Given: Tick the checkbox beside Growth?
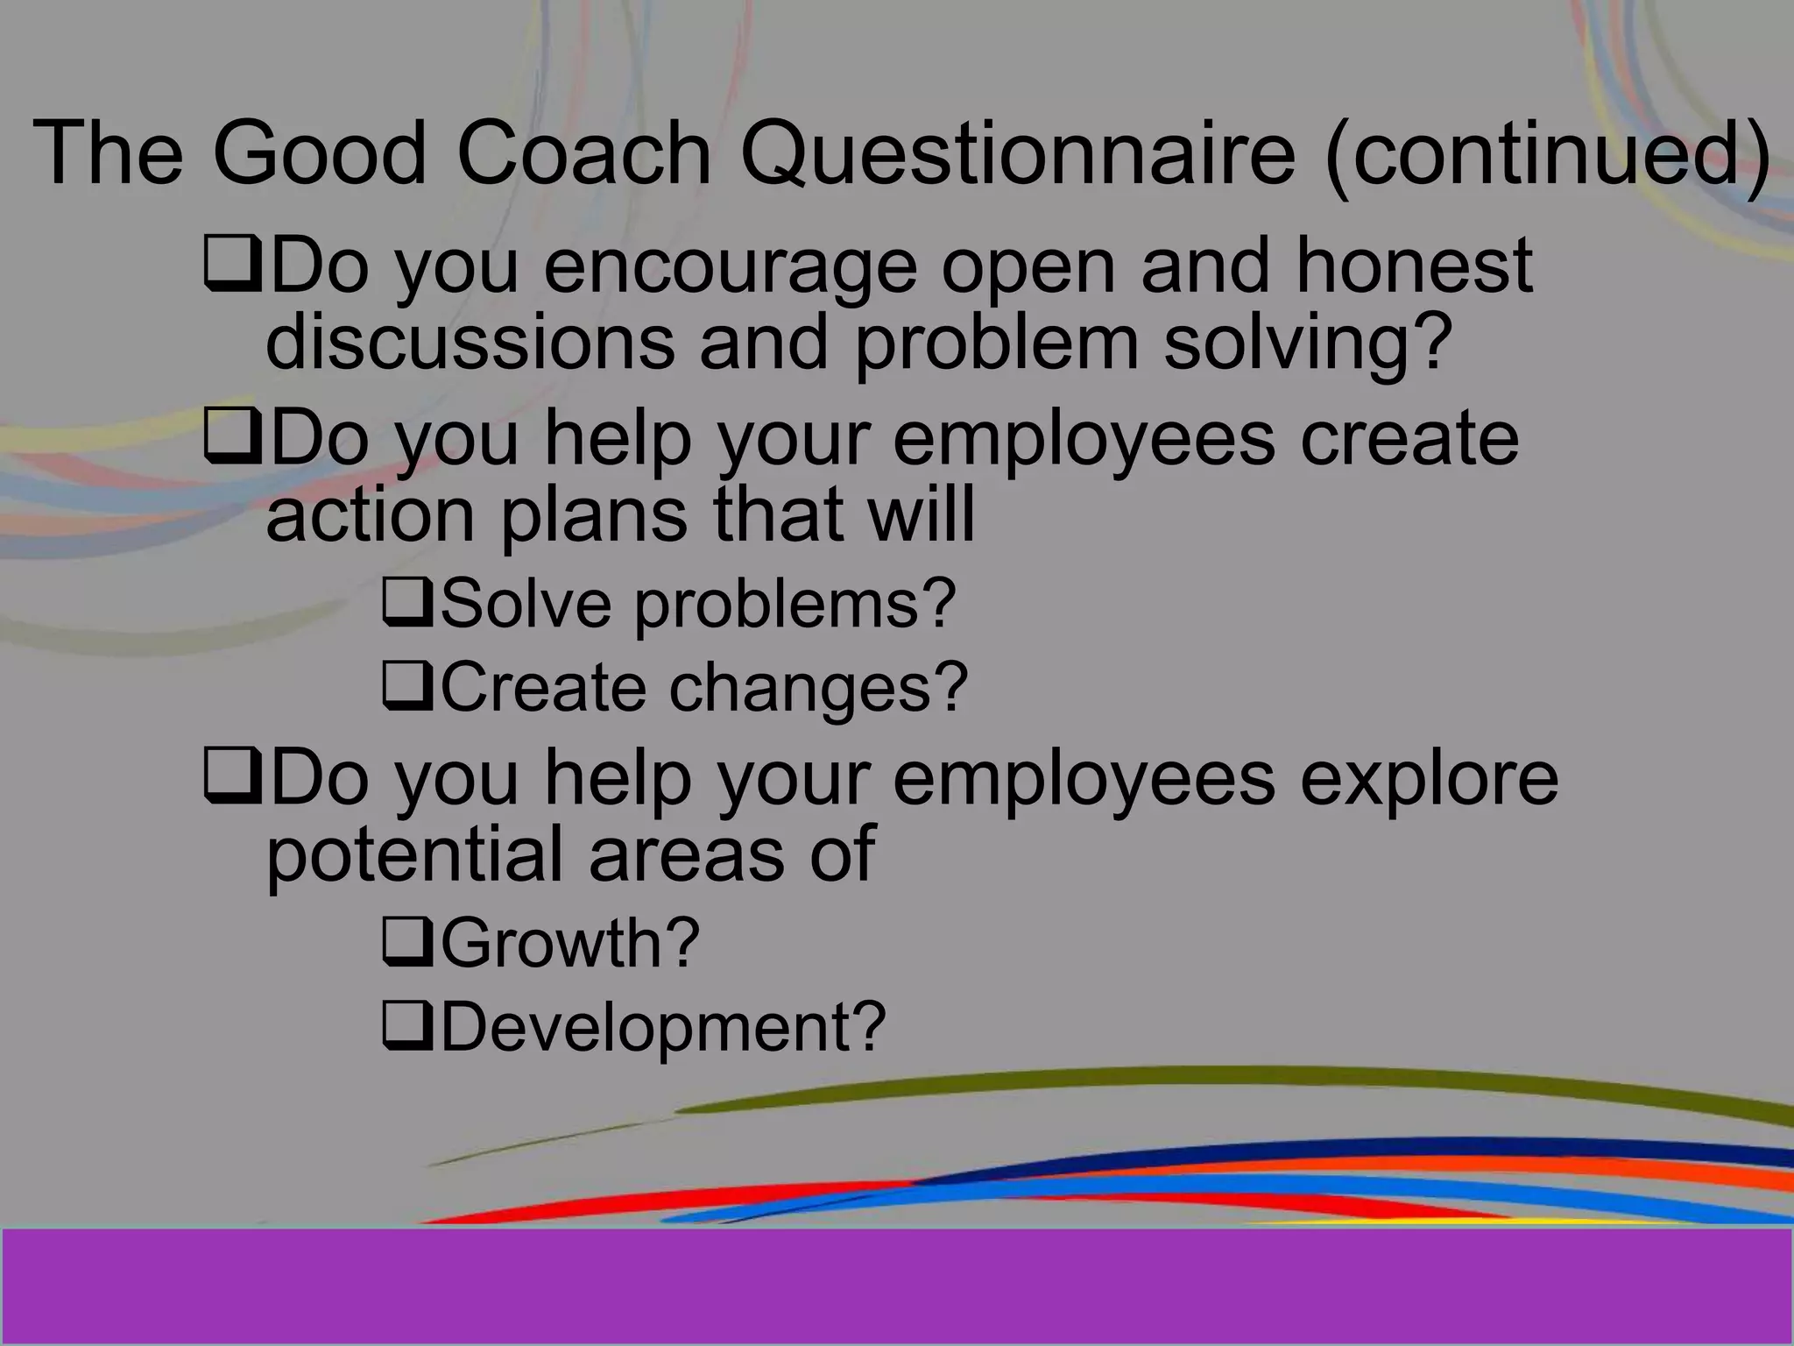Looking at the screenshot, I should tap(407, 943).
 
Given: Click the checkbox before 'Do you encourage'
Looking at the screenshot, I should tap(231, 266).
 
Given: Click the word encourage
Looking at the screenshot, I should tap(730, 266).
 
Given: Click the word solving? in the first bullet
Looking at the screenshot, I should tap(1308, 342).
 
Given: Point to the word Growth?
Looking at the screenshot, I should tap(570, 943).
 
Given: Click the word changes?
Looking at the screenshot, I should tap(819, 688).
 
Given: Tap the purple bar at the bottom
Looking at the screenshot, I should tap(897, 1285).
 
